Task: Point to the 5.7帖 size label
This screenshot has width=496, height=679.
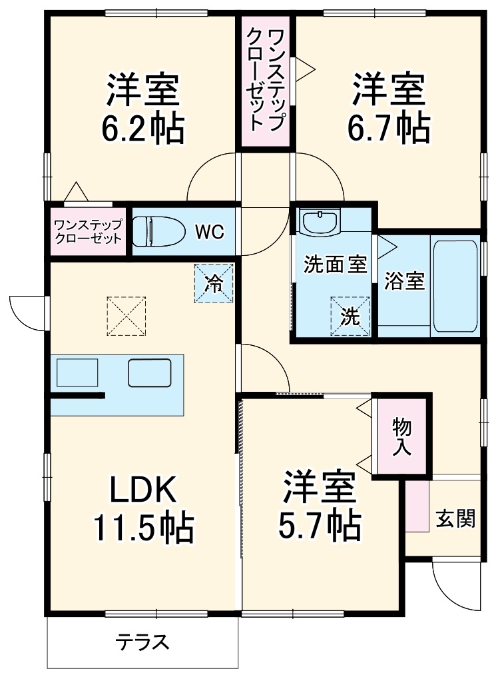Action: click(x=319, y=525)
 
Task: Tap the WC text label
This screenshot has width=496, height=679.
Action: click(x=210, y=232)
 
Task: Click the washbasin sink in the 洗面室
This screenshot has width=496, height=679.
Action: click(x=321, y=221)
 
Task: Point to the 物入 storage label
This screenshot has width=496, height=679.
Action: click(x=401, y=436)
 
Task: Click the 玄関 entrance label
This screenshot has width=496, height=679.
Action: click(x=455, y=518)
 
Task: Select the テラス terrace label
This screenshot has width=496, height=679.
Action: click(x=142, y=642)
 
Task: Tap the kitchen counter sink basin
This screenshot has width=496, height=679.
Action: click(x=150, y=372)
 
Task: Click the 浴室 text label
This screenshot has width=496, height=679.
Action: click(x=404, y=281)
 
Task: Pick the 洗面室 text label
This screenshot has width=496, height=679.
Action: click(x=335, y=265)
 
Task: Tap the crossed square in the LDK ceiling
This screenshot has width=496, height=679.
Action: click(x=126, y=316)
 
